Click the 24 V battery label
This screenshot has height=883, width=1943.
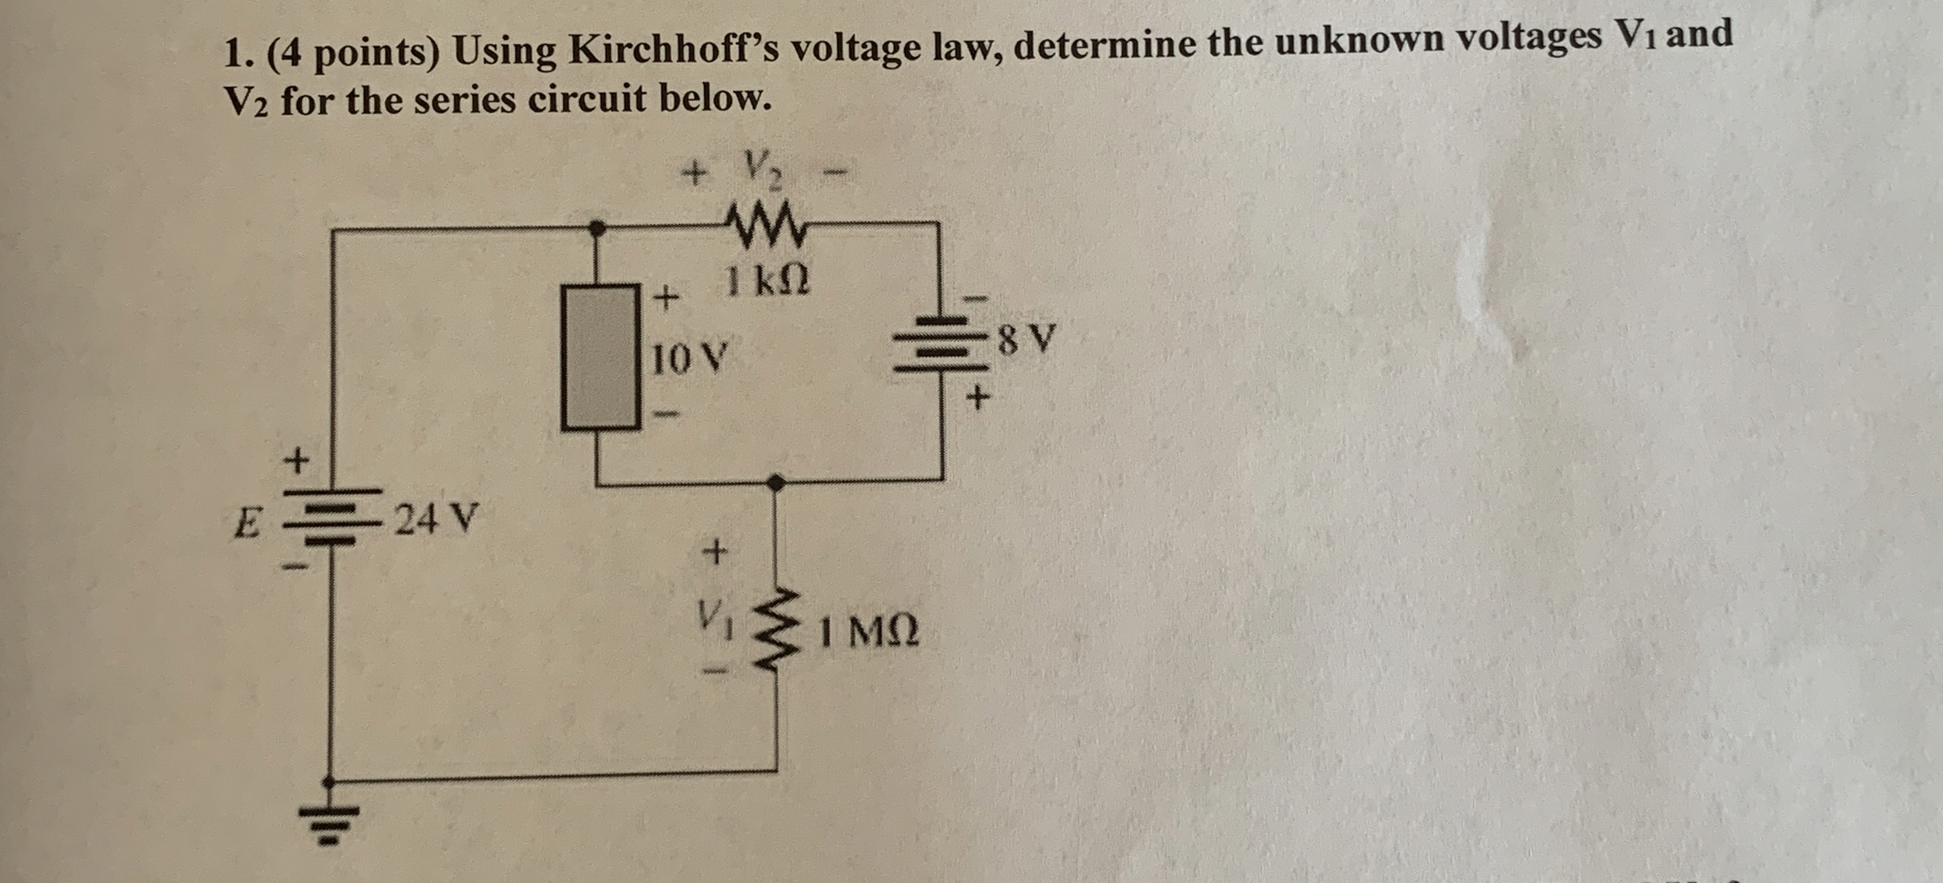[x=437, y=520]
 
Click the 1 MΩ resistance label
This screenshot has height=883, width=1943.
[x=869, y=632]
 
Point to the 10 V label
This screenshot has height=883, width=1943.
[x=688, y=359]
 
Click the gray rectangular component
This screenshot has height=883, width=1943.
[x=600, y=358]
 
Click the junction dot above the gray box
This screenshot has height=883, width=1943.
[x=596, y=228]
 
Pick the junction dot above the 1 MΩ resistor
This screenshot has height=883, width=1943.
[x=775, y=482]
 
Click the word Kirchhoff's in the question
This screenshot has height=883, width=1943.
[x=672, y=50]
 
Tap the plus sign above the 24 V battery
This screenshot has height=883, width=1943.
[x=297, y=461]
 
